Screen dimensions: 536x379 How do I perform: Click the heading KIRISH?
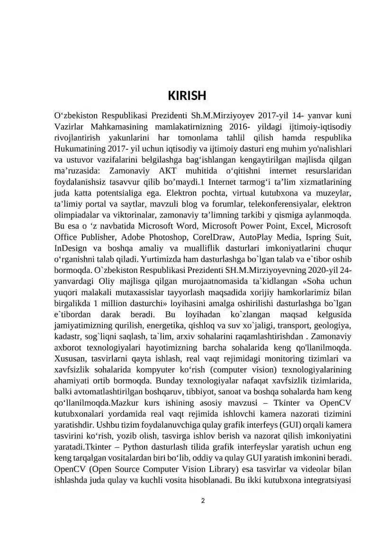tap(187, 96)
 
